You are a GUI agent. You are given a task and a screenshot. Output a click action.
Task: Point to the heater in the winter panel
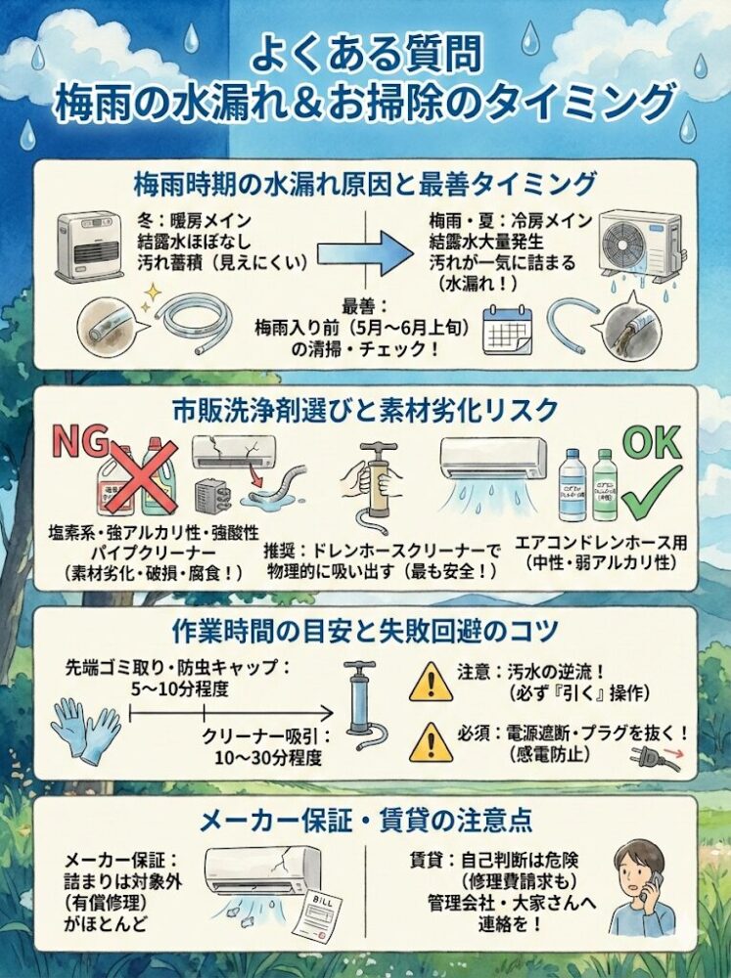click(89, 244)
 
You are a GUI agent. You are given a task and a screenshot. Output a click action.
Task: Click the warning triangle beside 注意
click(431, 682)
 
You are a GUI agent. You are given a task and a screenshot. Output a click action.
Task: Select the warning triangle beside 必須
click(431, 742)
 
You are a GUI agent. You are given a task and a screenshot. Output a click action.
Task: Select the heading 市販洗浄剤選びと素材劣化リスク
click(365, 408)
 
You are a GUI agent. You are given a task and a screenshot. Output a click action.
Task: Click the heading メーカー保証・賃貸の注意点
click(365, 822)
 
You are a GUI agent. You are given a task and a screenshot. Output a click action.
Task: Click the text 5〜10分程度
click(180, 690)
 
